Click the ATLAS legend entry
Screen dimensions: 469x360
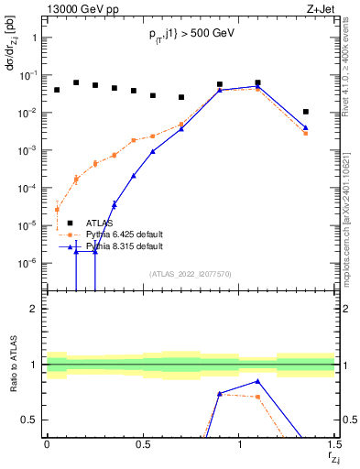click(x=102, y=223)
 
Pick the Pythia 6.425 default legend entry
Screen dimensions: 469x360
click(x=125, y=234)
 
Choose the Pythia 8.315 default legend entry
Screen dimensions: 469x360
click(x=125, y=246)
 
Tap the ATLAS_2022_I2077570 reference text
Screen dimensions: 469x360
click(x=191, y=273)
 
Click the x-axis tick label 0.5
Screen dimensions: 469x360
click(x=142, y=445)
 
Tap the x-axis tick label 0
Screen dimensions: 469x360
click(x=47, y=445)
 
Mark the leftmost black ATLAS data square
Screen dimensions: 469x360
click(x=57, y=90)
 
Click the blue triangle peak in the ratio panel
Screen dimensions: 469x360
click(x=258, y=381)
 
